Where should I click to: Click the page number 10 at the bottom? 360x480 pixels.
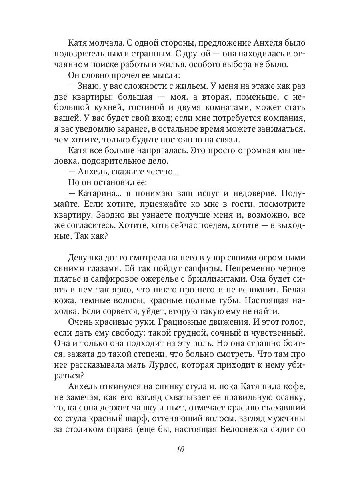coord(180,449)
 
